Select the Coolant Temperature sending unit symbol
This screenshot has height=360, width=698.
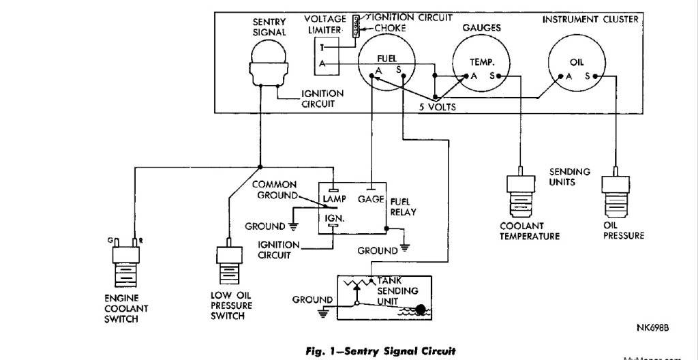point(520,194)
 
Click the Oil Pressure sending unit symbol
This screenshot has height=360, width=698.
point(616,194)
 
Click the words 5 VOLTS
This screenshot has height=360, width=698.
point(437,107)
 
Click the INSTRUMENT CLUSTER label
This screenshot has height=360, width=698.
point(590,19)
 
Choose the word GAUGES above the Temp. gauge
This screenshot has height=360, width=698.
point(482,28)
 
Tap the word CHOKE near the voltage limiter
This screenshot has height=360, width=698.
point(390,29)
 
